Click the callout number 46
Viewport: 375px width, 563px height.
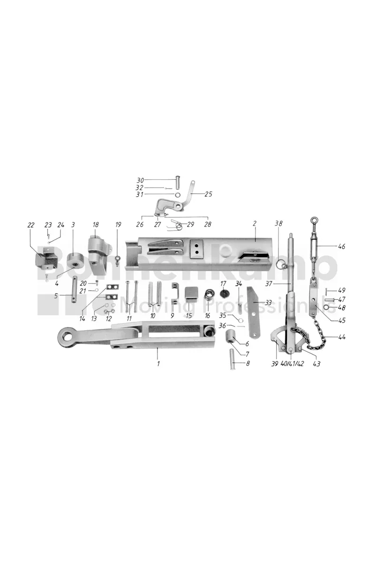point(342,246)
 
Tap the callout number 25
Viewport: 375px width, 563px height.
point(208,194)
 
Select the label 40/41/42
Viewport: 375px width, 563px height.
point(292,364)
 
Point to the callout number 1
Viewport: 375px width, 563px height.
point(158,364)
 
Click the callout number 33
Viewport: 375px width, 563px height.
point(269,302)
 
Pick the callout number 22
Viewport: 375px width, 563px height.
point(30,225)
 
